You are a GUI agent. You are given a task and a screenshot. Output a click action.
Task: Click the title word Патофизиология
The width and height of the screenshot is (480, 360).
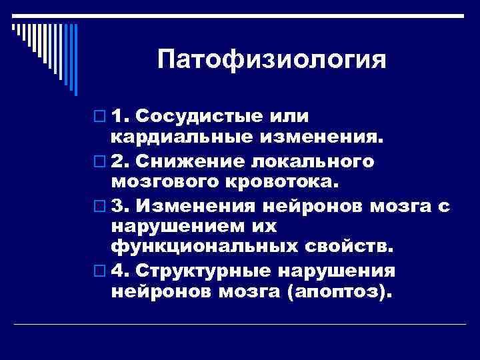click(x=272, y=60)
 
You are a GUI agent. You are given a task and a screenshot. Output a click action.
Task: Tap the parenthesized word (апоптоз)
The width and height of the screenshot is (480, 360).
click(x=341, y=292)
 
